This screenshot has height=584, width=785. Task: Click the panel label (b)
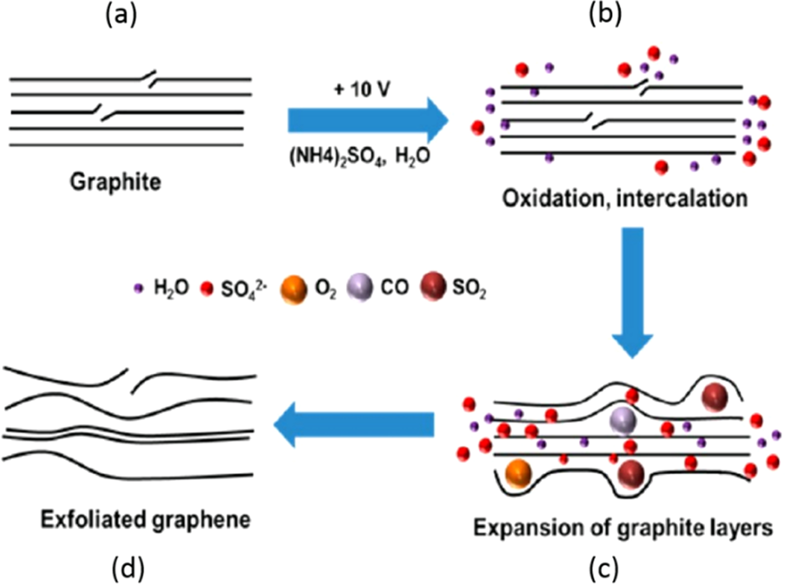(605, 15)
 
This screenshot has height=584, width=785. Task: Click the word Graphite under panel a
(115, 182)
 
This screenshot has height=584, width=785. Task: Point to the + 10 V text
(361, 90)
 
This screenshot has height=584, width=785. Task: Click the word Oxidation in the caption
(556, 199)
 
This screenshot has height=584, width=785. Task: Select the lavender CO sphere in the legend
(359, 287)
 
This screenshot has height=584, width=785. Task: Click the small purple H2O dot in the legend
(139, 288)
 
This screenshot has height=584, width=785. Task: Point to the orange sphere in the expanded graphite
(517, 473)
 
